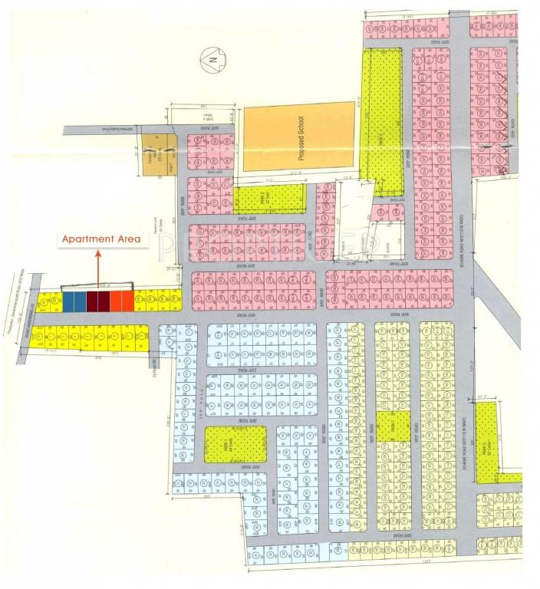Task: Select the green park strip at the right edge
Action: (486, 443)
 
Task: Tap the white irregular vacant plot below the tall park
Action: (353, 206)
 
